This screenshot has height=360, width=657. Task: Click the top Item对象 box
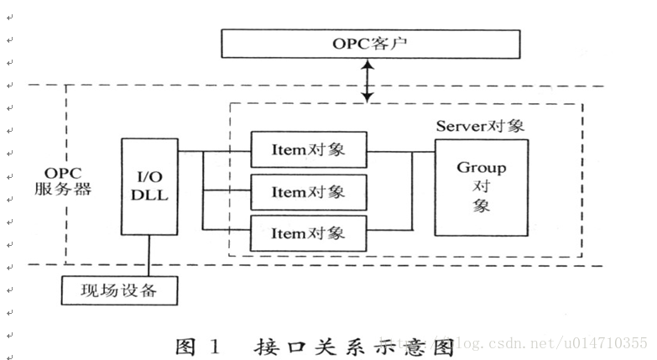coord(309,152)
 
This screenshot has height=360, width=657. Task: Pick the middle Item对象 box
coord(309,192)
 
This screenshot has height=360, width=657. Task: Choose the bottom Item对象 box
coord(309,232)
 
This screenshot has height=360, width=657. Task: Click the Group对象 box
coord(481,186)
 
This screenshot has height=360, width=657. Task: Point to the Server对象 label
coord(480,126)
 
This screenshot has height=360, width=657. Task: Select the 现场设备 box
coord(121,291)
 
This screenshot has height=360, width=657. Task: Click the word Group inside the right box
coord(481,168)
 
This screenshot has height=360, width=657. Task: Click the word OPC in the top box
coord(349,43)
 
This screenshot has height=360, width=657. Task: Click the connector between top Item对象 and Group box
coord(400,152)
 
